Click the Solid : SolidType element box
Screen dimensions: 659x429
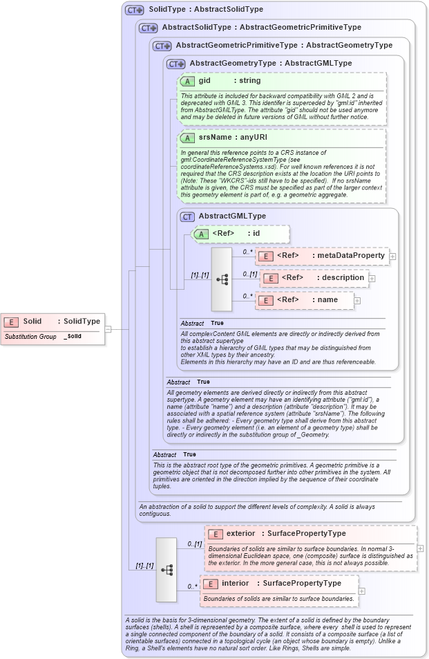click(x=53, y=322)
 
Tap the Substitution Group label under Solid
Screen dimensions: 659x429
click(x=30, y=336)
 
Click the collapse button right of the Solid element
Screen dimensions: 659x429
click(x=108, y=329)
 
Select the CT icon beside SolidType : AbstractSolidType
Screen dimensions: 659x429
click(x=134, y=10)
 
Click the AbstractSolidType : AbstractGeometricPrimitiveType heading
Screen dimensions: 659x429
click(x=261, y=28)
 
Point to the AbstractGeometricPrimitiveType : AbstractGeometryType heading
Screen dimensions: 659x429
click(x=283, y=45)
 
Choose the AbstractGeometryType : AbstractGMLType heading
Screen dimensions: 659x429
click(x=270, y=63)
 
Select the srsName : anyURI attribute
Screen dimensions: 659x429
click(x=228, y=138)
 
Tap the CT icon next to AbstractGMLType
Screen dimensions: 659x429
click(x=187, y=216)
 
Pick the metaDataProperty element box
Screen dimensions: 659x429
click(x=322, y=256)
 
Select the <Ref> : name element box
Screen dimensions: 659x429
click(x=304, y=300)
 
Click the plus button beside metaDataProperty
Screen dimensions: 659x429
click(x=392, y=256)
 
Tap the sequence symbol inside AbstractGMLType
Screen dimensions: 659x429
click(x=222, y=279)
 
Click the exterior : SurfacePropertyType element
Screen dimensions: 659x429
click(x=310, y=534)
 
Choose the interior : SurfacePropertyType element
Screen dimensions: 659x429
click(x=278, y=584)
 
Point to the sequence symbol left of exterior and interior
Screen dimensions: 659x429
click(x=166, y=569)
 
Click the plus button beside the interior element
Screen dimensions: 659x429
click(x=361, y=591)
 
